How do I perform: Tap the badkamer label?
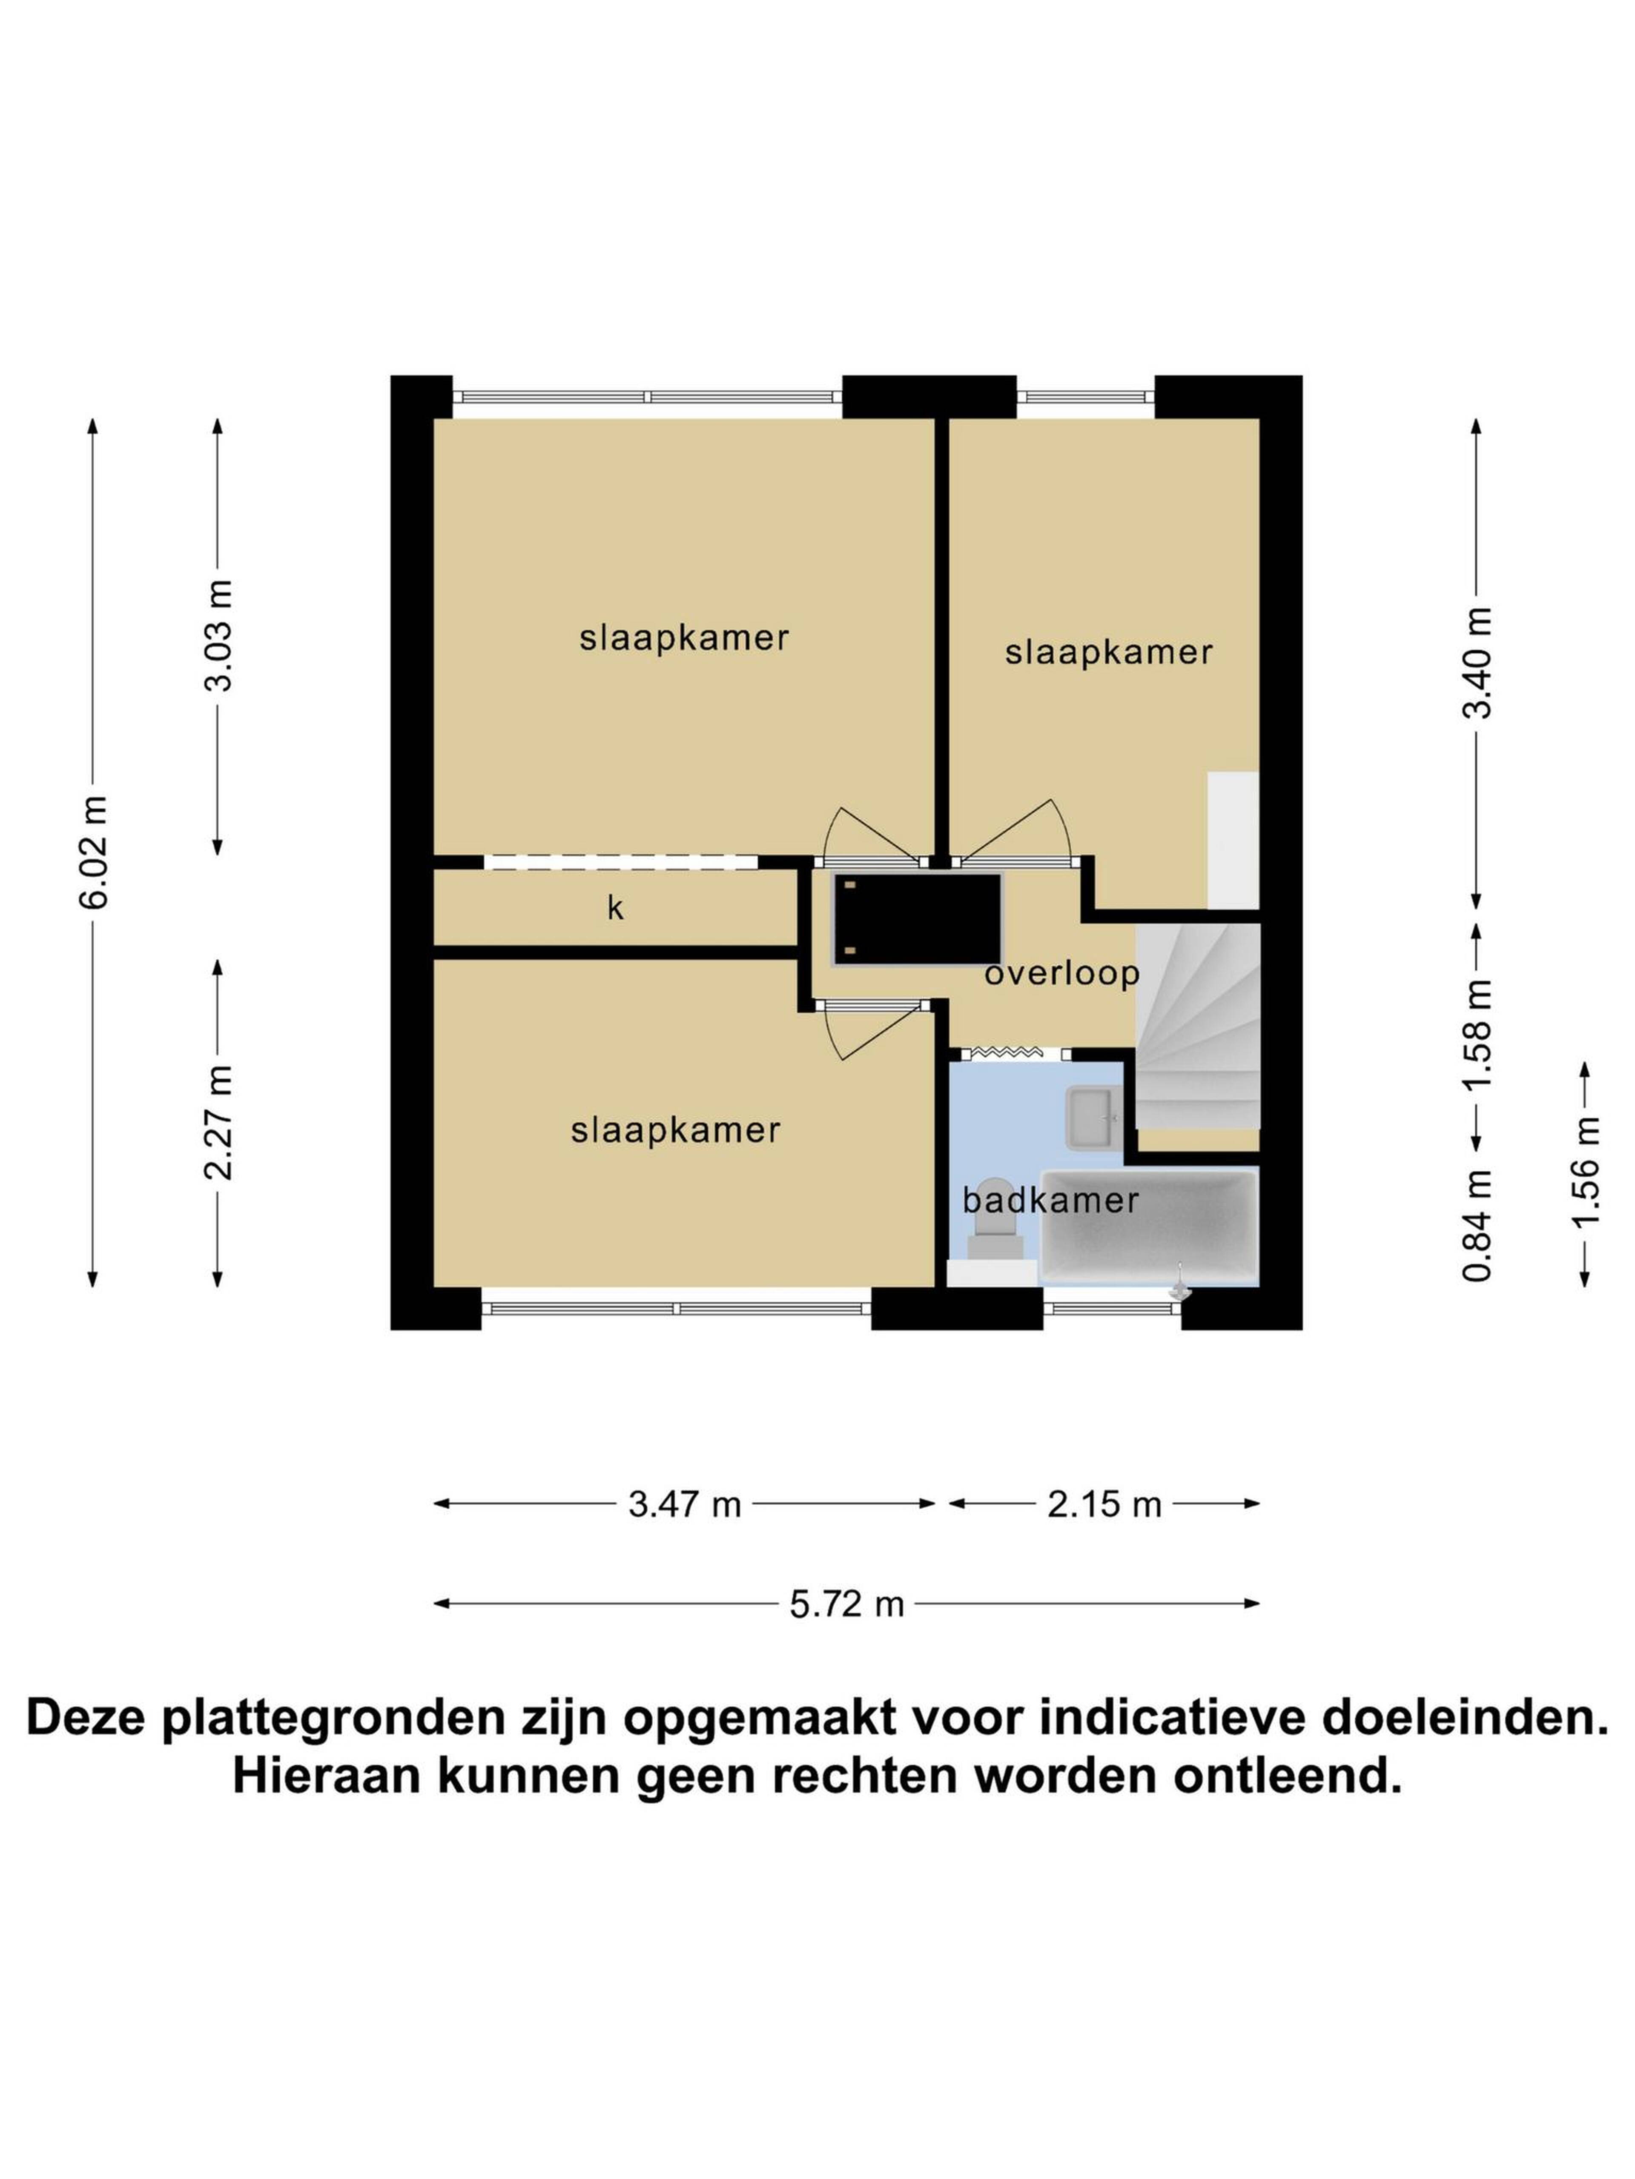click(x=1050, y=1200)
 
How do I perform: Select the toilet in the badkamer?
click(x=995, y=1220)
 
